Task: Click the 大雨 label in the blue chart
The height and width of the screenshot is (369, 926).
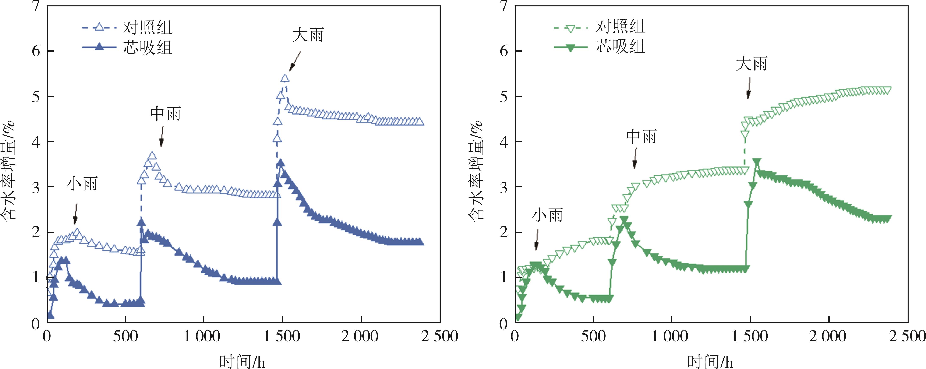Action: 308,35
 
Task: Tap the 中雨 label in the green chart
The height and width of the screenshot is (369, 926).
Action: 641,137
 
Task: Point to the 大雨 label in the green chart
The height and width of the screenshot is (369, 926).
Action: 751,64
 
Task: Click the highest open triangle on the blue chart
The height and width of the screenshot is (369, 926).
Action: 285,78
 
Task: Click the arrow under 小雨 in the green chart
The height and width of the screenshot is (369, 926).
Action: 537,240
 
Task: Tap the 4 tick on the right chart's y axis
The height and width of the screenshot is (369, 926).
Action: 504,142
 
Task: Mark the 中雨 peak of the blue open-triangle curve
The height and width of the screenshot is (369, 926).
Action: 152,156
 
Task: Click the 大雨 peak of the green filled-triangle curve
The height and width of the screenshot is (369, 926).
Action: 757,161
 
